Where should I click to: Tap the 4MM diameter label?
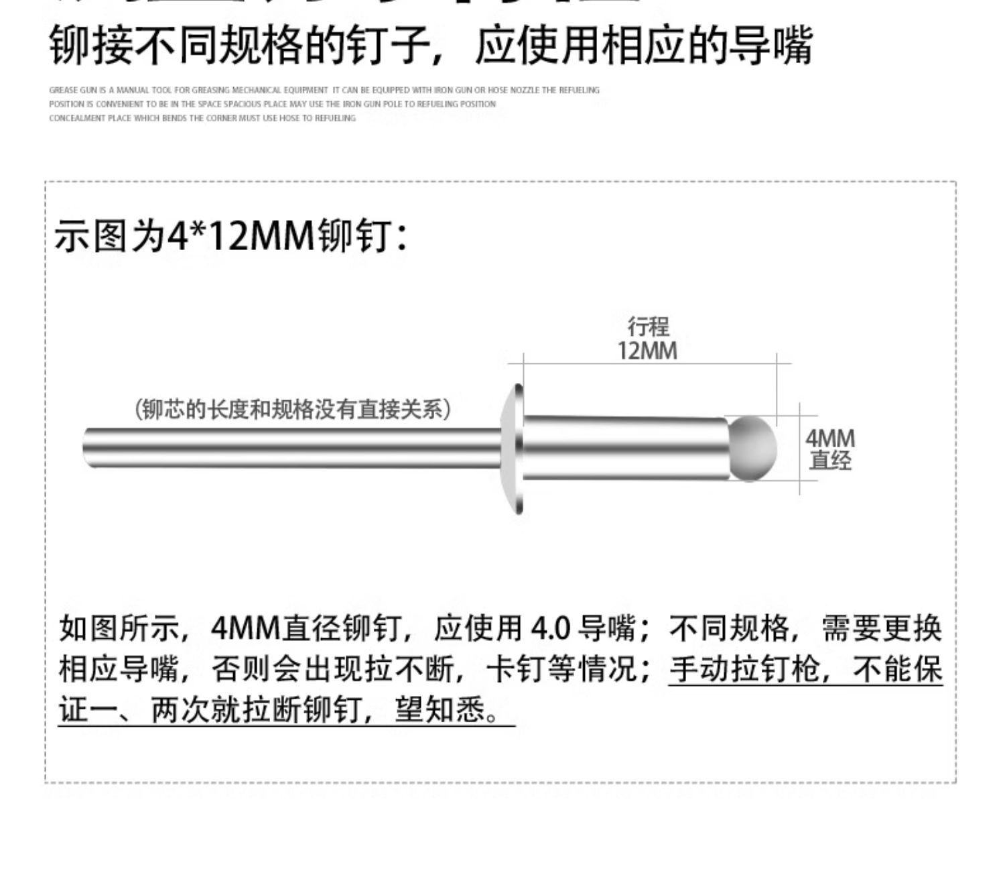coord(829,439)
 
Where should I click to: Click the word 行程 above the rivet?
coord(648,327)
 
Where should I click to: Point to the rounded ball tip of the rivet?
coord(752,448)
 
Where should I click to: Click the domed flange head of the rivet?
coord(514,448)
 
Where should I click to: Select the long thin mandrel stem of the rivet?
coord(291,447)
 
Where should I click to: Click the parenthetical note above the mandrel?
coord(293,408)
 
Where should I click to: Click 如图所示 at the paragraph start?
coord(119,628)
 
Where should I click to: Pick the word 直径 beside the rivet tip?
coord(829,461)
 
